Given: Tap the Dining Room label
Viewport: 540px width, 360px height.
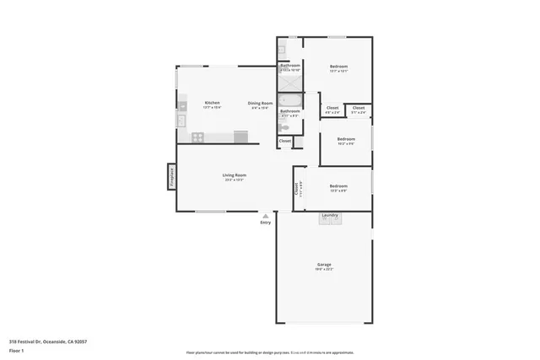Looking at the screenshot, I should [259, 103].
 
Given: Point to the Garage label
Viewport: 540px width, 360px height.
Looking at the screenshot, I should [325, 264].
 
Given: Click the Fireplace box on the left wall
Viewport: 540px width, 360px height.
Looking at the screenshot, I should [170, 179].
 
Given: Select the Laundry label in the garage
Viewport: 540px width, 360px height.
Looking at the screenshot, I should [330, 215].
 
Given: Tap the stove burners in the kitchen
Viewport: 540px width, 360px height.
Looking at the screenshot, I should [197, 137].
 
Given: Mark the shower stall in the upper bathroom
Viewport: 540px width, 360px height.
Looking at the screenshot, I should [284, 81].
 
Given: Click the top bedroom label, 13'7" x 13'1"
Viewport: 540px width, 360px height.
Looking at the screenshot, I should [339, 67].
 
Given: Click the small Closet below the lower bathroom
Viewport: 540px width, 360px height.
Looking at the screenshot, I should [284, 141].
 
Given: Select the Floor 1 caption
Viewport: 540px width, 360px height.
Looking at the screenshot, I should [16, 350].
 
